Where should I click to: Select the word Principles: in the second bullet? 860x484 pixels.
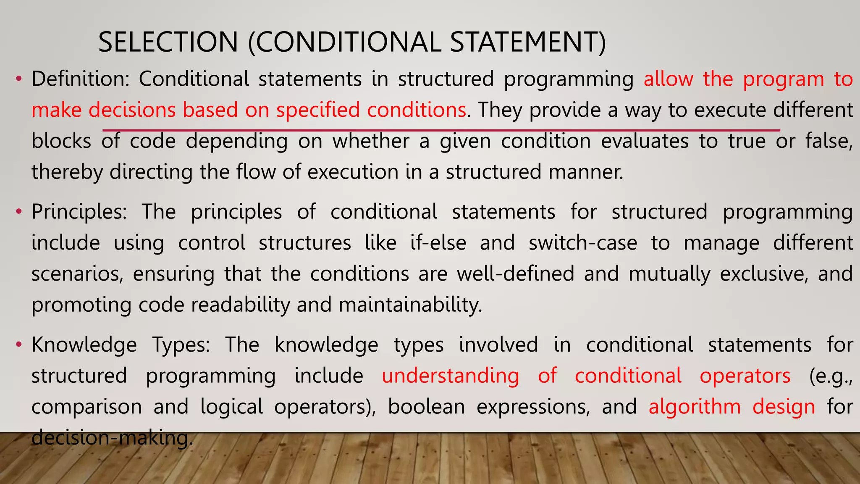pyautogui.click(x=79, y=212)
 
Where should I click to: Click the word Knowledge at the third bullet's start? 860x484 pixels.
pyautogui.click(x=84, y=345)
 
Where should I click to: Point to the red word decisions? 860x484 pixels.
pyautogui.click(x=132, y=110)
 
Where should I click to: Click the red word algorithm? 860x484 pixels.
pyautogui.click(x=695, y=407)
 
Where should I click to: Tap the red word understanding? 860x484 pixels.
pyautogui.click(x=450, y=376)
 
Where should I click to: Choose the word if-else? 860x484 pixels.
pyautogui.click(x=438, y=243)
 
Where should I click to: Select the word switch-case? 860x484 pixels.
pyautogui.click(x=583, y=243)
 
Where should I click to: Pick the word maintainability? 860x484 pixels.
pyautogui.click(x=410, y=305)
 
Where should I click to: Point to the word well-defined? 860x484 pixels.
pyautogui.click(x=516, y=274)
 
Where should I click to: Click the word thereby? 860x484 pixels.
pyautogui.click(x=67, y=172)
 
